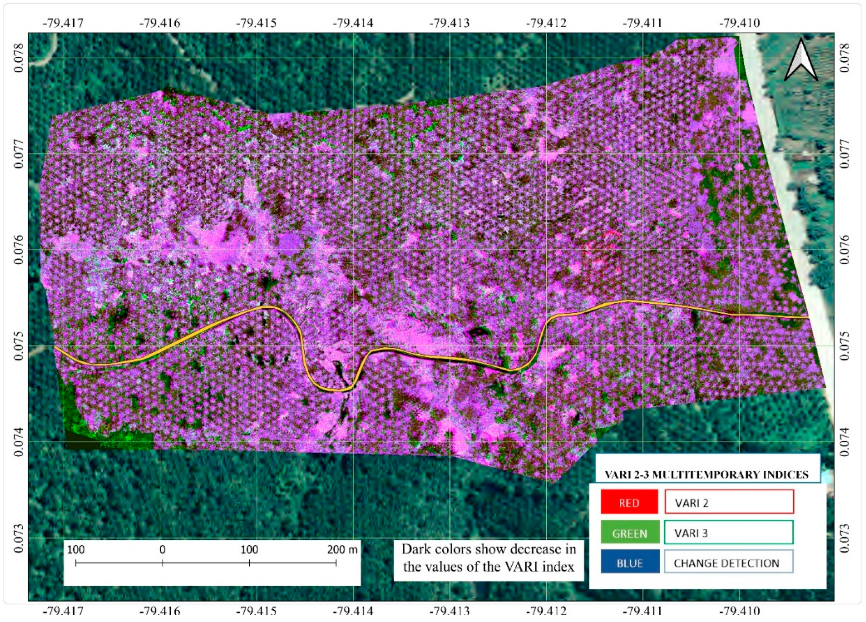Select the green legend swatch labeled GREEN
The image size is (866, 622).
tap(630, 533)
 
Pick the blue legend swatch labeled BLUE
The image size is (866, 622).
tap(630, 563)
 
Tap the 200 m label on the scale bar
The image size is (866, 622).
tap(342, 550)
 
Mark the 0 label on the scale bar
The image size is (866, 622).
tap(163, 550)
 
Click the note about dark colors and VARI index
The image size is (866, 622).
tap(488, 558)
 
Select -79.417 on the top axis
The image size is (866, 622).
tap(63, 23)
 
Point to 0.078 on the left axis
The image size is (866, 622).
tap(18, 58)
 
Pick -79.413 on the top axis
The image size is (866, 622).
tap(450, 23)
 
